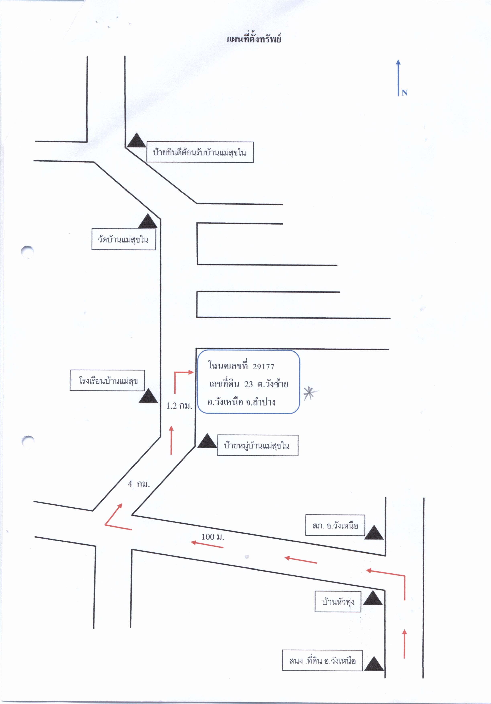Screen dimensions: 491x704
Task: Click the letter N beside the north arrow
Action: pyautogui.click(x=404, y=92)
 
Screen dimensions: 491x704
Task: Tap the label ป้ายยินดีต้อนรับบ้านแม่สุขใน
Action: pyautogui.click(x=200, y=152)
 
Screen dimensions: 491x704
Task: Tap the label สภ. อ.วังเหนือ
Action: pyautogui.click(x=335, y=525)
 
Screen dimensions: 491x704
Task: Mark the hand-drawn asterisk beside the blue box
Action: pyautogui.click(x=310, y=394)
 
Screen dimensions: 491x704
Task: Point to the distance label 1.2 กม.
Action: pyautogui.click(x=179, y=406)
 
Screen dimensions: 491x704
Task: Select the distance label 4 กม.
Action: pyautogui.click(x=139, y=484)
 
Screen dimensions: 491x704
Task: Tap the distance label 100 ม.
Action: pyautogui.click(x=213, y=537)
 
